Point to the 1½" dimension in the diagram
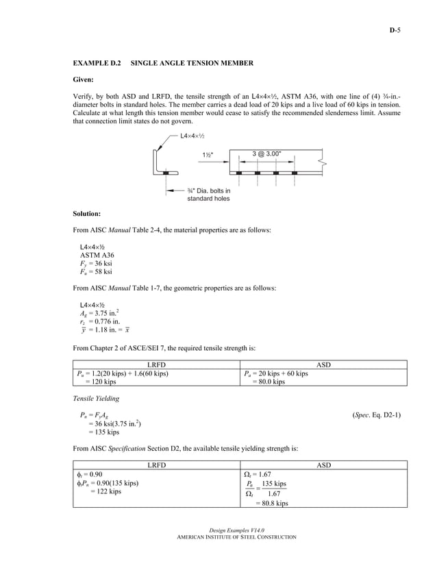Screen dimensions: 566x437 pos(209,155)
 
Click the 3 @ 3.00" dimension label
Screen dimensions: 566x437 pos(266,153)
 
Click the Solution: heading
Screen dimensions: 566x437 pos(87,213)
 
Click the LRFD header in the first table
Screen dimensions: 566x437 pos(157,365)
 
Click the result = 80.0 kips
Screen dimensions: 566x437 pos(269,382)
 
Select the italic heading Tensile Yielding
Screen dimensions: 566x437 pos(96,398)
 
